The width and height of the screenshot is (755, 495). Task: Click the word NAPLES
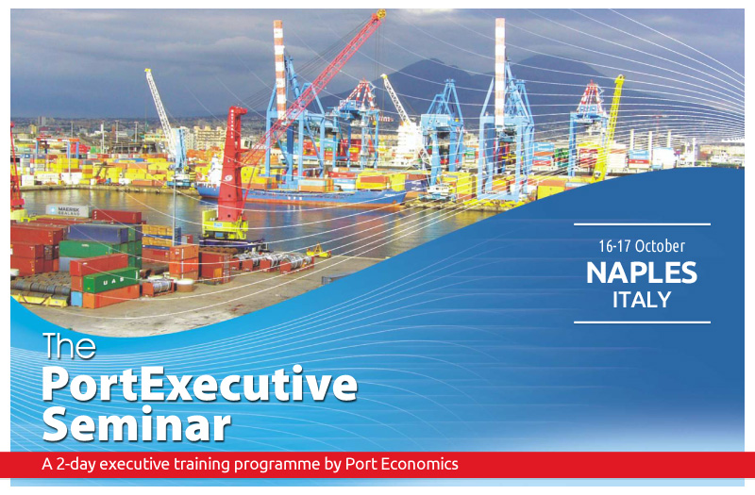tap(642, 272)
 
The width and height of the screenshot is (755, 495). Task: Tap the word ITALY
tap(642, 300)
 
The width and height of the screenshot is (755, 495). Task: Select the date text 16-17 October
tap(642, 246)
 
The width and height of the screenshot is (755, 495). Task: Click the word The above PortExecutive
tap(69, 346)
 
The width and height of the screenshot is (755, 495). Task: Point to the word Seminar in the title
tap(137, 424)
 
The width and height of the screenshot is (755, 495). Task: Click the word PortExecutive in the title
tap(200, 385)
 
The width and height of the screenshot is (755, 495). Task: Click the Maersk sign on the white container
tap(68, 210)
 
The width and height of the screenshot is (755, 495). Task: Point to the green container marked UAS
tap(111, 280)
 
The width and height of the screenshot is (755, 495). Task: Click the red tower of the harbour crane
tap(231, 164)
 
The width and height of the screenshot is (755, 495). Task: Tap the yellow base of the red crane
tap(225, 224)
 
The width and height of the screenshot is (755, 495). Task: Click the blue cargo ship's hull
tap(301, 196)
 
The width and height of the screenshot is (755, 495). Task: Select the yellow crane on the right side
tap(609, 127)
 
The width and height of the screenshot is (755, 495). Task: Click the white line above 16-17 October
tap(642, 224)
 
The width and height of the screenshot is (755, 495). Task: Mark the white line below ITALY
tap(642, 322)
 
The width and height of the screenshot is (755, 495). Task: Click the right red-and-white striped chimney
tap(500, 73)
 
